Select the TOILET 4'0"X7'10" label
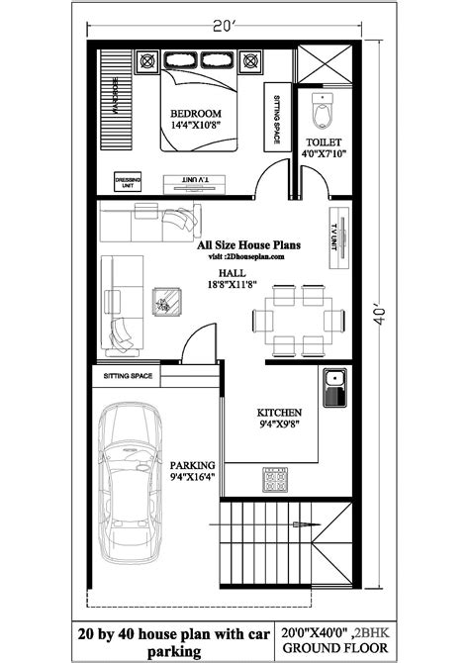pyautogui.click(x=326, y=148)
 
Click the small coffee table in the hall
pyautogui.click(x=166, y=300)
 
